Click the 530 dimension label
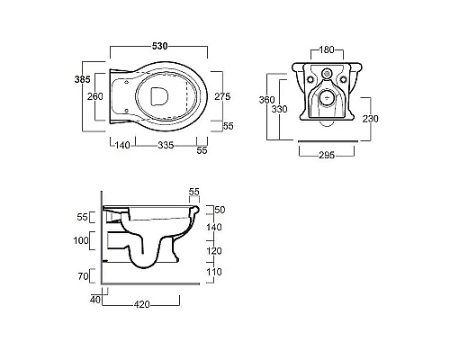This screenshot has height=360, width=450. pyautogui.click(x=159, y=46)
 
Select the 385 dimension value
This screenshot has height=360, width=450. pyautogui.click(x=82, y=79)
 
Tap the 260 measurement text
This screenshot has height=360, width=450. pyautogui.click(x=95, y=96)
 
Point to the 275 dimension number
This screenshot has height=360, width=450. pyautogui.click(x=222, y=96)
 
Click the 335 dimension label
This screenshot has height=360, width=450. pyautogui.click(x=166, y=145)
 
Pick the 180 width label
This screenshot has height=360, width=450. pyautogui.click(x=327, y=49)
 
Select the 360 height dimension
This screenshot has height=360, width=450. pyautogui.click(x=266, y=100)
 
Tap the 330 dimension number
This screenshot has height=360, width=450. pyautogui.click(x=279, y=109)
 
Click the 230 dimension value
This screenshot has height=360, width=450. pyautogui.click(x=371, y=119)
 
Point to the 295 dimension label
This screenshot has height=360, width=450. pyautogui.click(x=327, y=155)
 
